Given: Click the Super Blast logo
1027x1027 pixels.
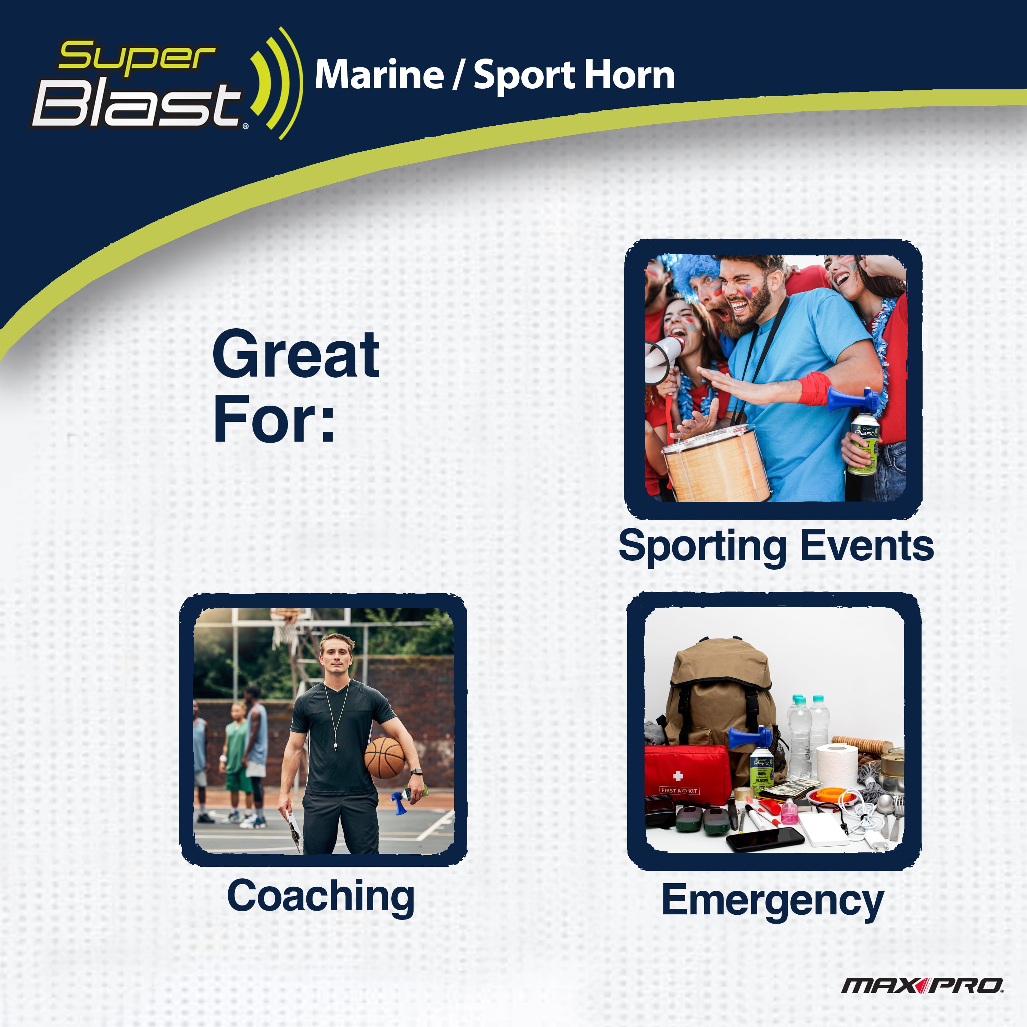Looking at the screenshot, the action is tap(166, 84).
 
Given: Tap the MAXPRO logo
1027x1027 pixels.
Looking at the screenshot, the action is tap(922, 986).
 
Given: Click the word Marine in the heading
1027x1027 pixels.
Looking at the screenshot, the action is tap(379, 75).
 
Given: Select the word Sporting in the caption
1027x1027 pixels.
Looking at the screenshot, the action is tap(702, 546).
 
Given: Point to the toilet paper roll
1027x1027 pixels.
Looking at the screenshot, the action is tap(837, 765).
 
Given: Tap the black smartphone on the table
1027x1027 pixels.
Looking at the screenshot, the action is tap(765, 838).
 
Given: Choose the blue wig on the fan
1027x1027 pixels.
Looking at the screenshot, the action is tap(691, 276).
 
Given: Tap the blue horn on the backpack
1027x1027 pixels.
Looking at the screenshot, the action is tap(749, 738).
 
